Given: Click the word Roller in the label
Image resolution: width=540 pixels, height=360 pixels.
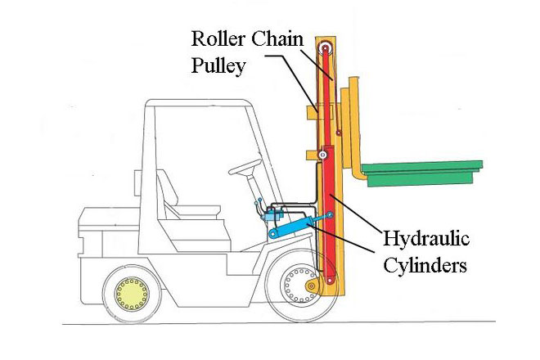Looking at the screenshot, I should (217, 38).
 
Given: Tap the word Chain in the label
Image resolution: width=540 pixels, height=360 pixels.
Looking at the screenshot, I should (277, 38).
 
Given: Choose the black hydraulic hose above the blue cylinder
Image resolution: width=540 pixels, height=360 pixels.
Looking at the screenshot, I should (286, 203).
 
